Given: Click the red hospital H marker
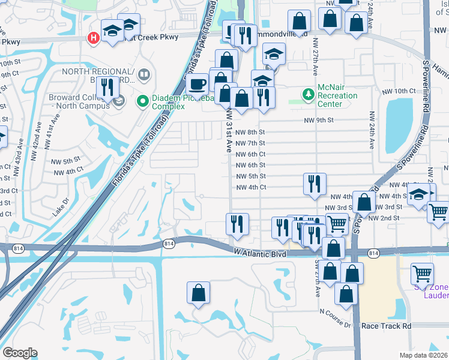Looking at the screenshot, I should pos(93,38).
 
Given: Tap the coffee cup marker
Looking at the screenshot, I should pos(197,83).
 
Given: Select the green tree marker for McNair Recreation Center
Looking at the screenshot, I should pos(308,94).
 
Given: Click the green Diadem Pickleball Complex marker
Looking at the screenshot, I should pos(143,101).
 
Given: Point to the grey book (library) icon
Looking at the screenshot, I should pos(143,75).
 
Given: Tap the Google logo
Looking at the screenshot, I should pos(20,353).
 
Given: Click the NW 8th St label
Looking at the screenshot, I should pos(250,132).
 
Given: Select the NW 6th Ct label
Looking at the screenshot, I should pos(250,154).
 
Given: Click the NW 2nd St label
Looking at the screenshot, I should pos(384,217).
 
